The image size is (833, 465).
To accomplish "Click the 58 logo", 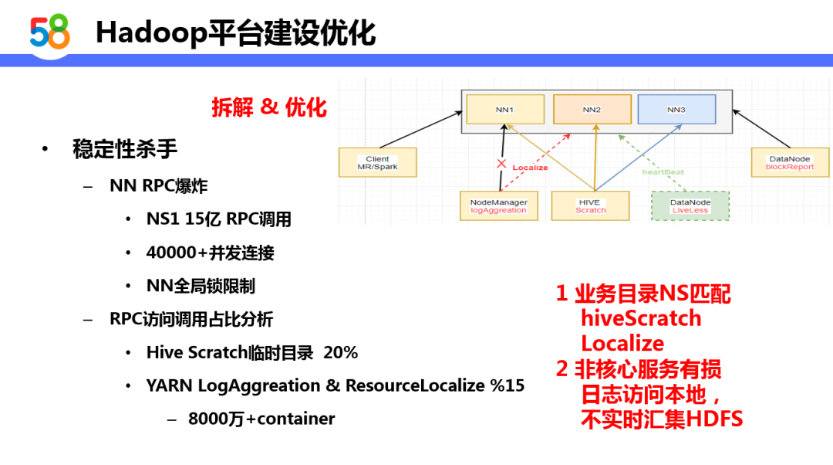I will [50, 32].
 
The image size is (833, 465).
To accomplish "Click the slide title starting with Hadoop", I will [235, 32].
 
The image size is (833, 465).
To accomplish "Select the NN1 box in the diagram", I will [505, 110].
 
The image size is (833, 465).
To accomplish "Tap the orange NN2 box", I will [592, 110].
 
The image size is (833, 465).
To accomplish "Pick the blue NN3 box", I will [676, 110].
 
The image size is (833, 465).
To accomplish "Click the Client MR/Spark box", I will [377, 163].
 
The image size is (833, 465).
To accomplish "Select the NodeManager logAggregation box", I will [498, 206].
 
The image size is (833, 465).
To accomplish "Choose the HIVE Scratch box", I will [590, 206].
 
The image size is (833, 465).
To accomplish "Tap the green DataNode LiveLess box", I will [690, 206].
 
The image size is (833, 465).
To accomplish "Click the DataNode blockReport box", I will [789, 163].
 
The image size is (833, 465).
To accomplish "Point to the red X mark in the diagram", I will [501, 164].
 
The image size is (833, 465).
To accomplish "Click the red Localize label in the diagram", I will [530, 168].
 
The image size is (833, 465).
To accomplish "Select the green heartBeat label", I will [663, 171].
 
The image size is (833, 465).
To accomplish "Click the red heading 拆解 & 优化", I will [269, 107].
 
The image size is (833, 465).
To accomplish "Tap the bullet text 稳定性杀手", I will [125, 149].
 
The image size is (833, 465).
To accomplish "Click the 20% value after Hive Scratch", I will [341, 352].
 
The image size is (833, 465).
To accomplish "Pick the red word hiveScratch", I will [641, 318].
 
